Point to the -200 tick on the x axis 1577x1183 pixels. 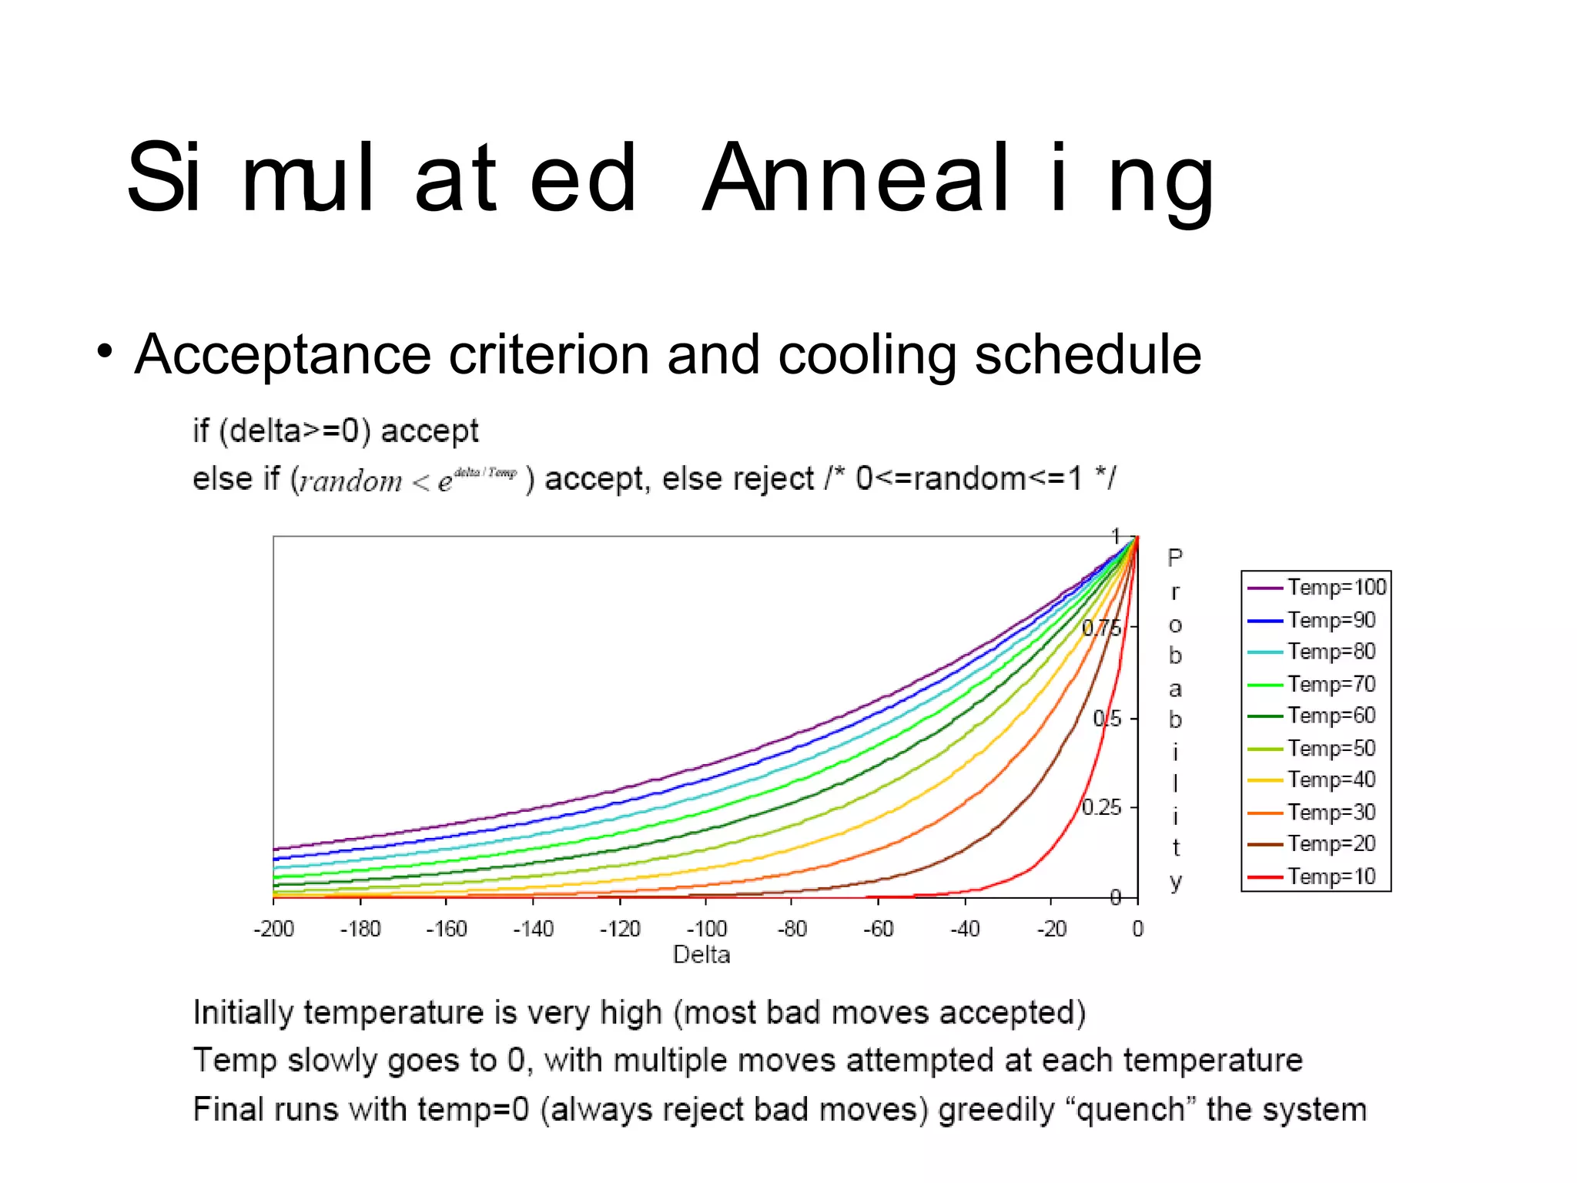click(274, 929)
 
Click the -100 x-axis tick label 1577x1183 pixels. click(706, 929)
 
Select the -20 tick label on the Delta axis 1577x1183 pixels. click(1051, 929)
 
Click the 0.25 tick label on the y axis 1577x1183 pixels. click(1101, 807)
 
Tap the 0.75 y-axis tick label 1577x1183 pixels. click(1101, 628)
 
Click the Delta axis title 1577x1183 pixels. click(701, 955)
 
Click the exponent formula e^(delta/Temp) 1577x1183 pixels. click(477, 478)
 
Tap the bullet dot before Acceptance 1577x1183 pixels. click(105, 353)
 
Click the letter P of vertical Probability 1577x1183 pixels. click(1174, 558)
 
